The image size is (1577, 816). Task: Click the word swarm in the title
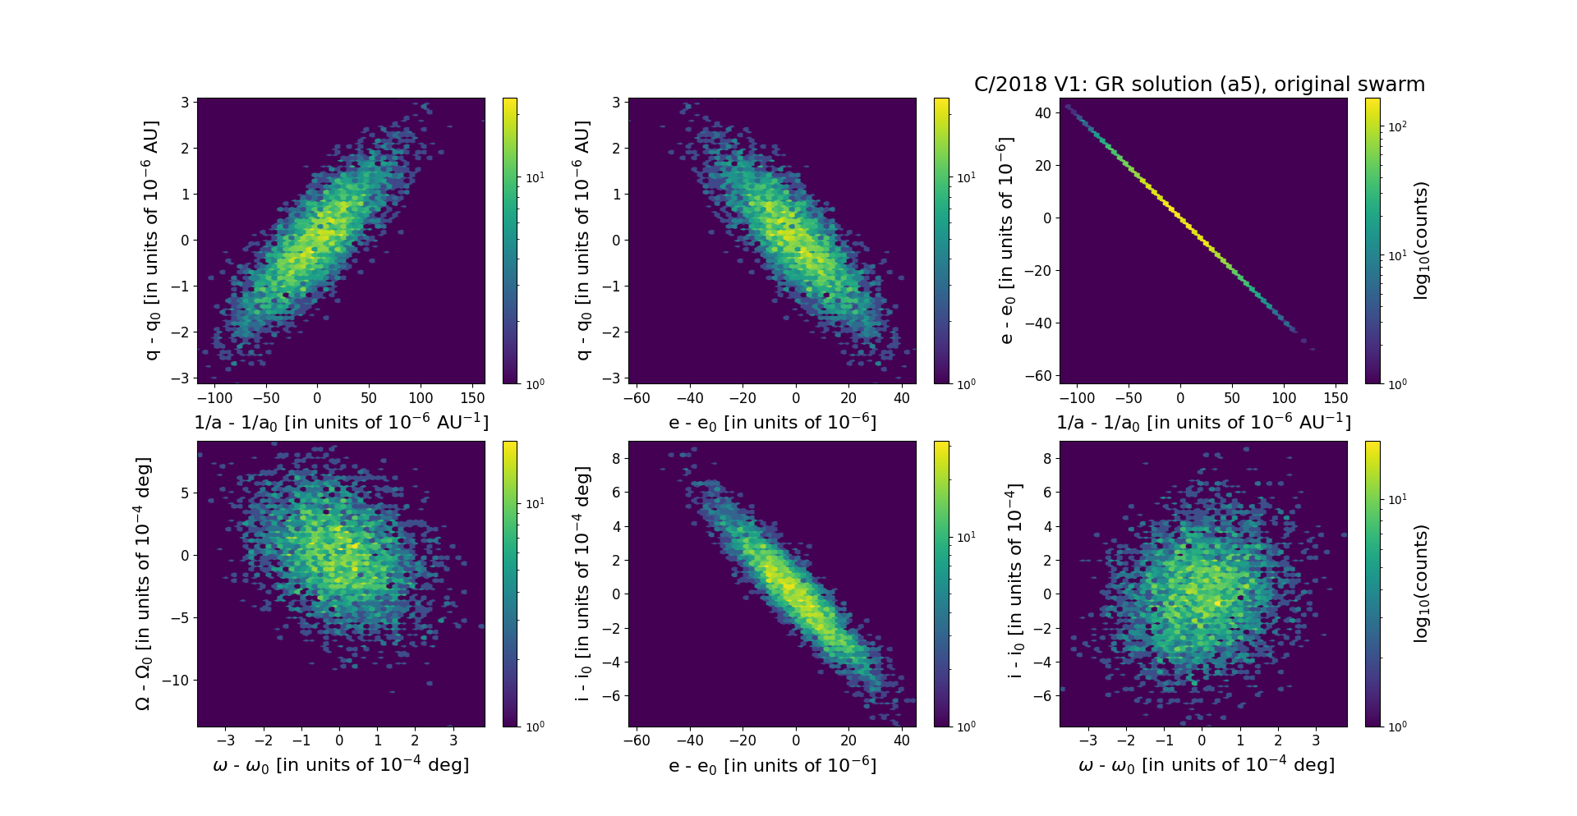(1395, 85)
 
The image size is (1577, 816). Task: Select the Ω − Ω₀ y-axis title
(143, 584)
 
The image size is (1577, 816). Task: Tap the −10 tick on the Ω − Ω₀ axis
(174, 681)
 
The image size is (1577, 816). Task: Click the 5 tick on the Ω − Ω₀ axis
(184, 493)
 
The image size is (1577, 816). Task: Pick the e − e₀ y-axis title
(1005, 241)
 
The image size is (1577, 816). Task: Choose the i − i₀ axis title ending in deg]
(582, 584)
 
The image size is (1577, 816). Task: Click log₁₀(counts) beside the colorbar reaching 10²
(1421, 241)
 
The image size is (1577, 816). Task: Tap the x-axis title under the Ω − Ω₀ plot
(341, 765)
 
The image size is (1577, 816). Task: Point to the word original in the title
(1312, 85)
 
